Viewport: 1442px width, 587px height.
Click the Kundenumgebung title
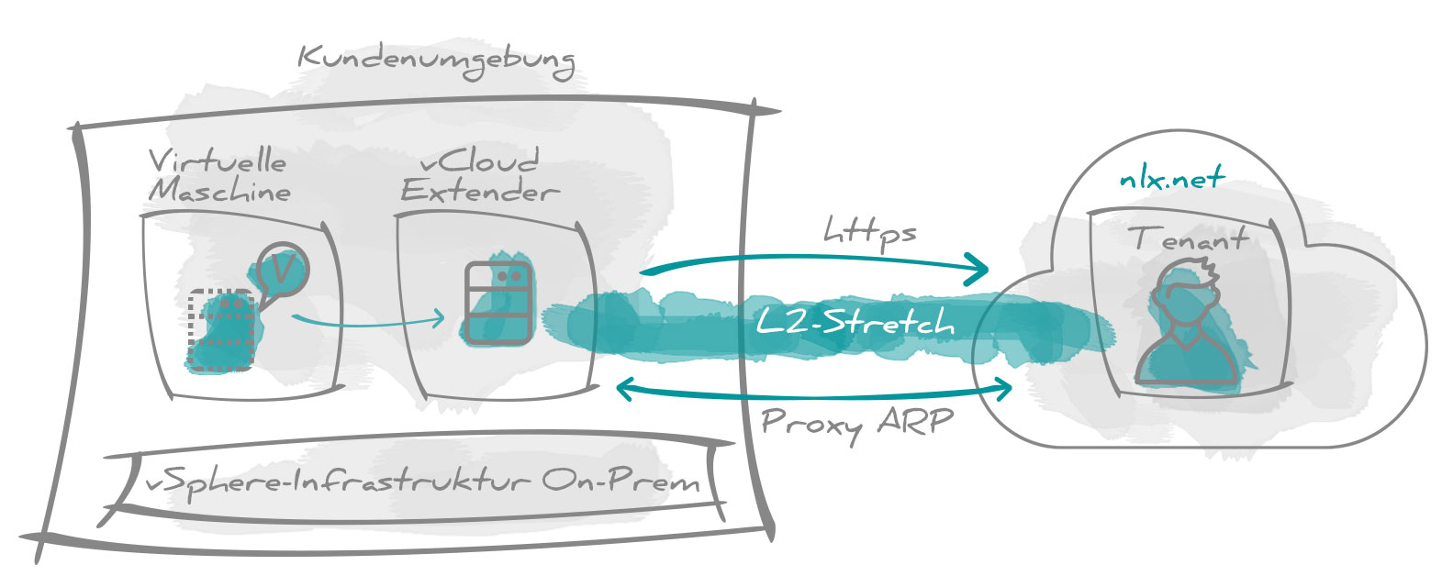(437, 61)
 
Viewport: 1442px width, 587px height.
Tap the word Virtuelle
(218, 161)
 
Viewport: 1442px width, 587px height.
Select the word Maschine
(219, 190)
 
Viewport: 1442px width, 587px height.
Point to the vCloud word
(479, 161)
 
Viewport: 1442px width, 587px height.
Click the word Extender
(479, 190)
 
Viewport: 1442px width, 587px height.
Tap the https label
(870, 233)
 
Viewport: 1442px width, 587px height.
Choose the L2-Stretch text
(855, 321)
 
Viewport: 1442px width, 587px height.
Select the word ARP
(915, 422)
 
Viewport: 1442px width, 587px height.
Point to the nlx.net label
(1172, 177)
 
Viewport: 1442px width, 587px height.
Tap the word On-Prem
(620, 481)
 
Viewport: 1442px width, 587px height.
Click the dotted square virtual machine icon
(220, 330)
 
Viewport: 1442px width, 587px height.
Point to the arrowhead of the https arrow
(978, 269)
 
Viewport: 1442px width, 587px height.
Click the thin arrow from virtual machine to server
(367, 320)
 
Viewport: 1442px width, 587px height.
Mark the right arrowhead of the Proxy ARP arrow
(1002, 388)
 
